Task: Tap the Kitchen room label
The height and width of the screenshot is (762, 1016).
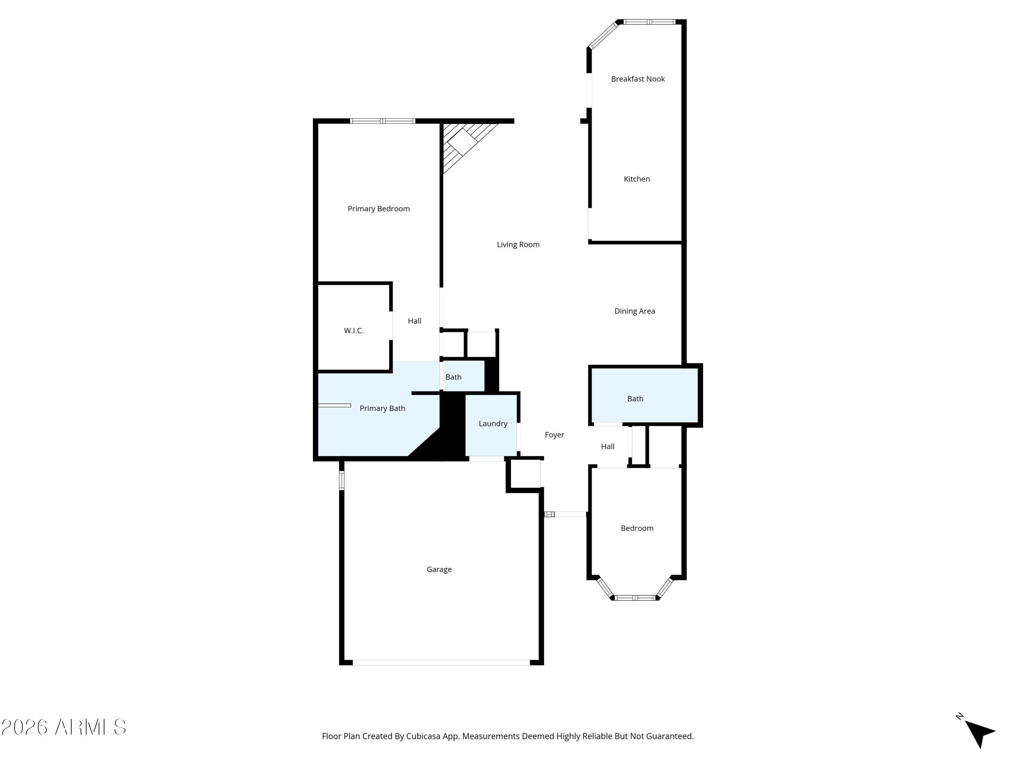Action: click(637, 179)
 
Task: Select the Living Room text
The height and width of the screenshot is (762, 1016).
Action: click(518, 245)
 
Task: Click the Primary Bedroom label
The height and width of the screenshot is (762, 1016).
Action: click(379, 209)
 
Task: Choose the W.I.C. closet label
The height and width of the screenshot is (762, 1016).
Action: click(354, 331)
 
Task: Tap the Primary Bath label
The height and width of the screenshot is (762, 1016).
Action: click(382, 408)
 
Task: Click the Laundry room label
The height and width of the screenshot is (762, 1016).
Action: click(493, 423)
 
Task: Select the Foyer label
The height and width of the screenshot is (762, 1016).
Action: click(554, 435)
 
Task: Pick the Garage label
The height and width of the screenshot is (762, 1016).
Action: click(439, 570)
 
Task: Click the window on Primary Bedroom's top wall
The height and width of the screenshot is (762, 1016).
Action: click(383, 121)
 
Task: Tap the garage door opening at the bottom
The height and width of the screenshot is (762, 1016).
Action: click(441, 662)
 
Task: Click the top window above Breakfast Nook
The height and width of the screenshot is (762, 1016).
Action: click(649, 22)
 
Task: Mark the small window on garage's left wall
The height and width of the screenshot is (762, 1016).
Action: click(342, 481)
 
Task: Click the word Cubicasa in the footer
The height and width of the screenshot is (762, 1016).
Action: click(423, 736)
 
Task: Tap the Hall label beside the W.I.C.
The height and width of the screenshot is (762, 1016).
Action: click(414, 321)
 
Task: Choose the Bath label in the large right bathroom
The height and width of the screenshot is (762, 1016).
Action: click(635, 399)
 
